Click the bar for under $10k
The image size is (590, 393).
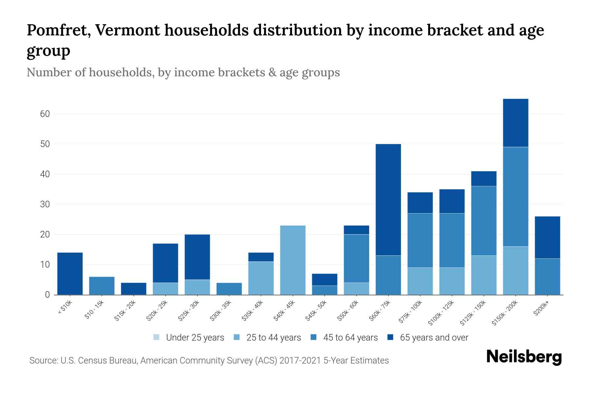pyautogui.click(x=70, y=273)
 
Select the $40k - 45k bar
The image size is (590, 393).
pyautogui.click(x=293, y=260)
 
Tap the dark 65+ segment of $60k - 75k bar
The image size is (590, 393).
pyautogui.click(x=388, y=200)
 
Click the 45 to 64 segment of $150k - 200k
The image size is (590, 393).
pyautogui.click(x=516, y=196)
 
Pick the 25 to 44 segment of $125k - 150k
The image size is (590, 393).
pyautogui.click(x=484, y=275)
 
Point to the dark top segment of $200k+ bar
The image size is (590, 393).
pyautogui.click(x=547, y=237)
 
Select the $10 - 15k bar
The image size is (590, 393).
pyautogui.click(x=102, y=286)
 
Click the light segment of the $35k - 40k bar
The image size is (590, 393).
pyautogui.click(x=261, y=278)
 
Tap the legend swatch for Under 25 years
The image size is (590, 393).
pyautogui.click(x=157, y=337)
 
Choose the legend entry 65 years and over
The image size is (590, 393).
pyautogui.click(x=434, y=338)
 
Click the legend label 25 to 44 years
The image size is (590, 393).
pyautogui.click(x=273, y=338)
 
